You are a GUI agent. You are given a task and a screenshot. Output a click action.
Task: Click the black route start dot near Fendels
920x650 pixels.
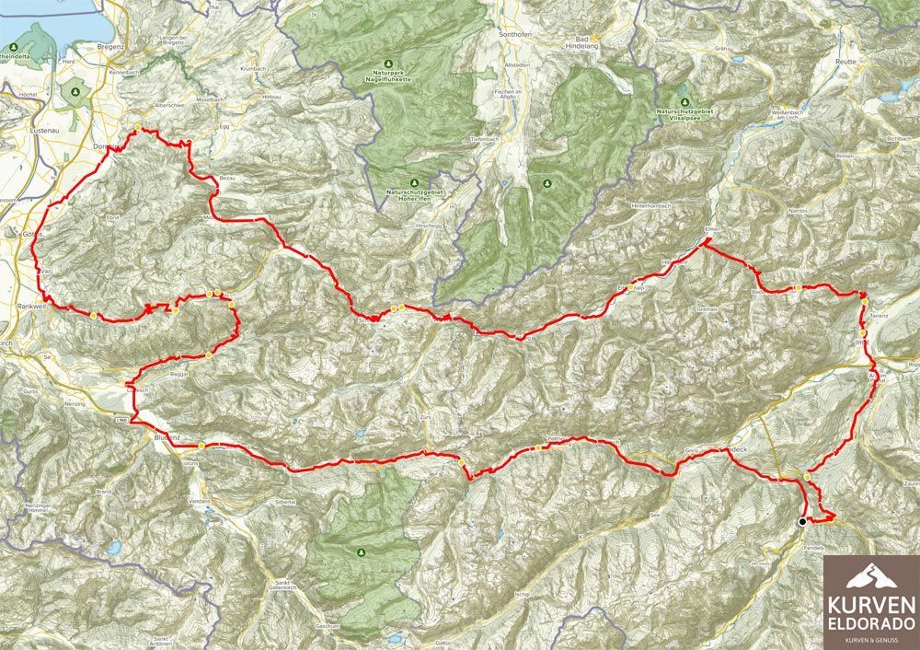pos(802,521)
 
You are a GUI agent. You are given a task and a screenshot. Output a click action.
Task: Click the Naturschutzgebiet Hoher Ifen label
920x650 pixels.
pos(414,194)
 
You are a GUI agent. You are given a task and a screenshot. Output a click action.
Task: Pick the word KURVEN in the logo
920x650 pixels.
pos(870,605)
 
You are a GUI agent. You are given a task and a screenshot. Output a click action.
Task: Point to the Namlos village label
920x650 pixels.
pos(797,211)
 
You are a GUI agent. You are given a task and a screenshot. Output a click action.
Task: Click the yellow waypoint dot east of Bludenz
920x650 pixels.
pos(201,446)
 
